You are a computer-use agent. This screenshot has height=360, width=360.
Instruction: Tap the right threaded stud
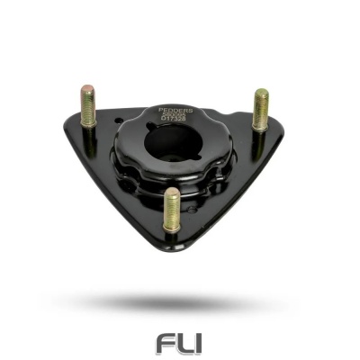tap(260, 111)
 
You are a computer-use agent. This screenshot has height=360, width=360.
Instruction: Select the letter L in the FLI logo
tap(183, 344)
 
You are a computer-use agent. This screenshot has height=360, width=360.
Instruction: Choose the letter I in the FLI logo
tap(198, 344)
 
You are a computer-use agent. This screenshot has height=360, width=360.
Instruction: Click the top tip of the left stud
tap(87, 88)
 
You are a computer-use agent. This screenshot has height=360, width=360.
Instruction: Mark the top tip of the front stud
tap(171, 192)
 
